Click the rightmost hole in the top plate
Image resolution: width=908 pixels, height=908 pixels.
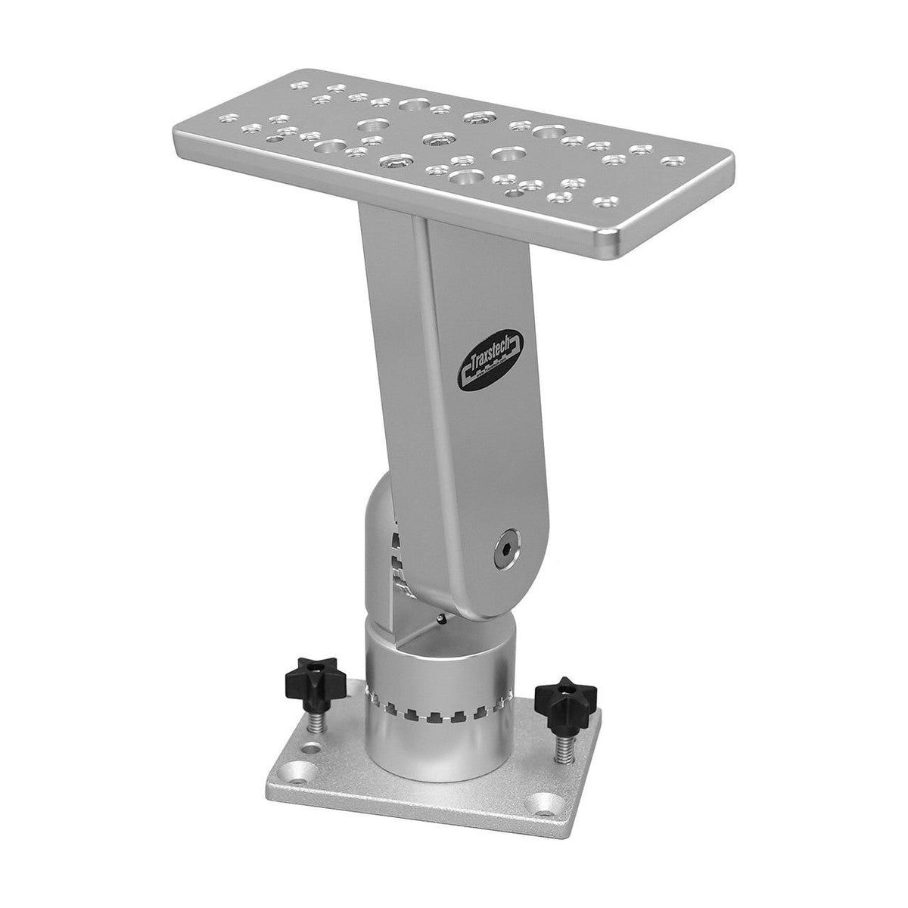tap(670, 160)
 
